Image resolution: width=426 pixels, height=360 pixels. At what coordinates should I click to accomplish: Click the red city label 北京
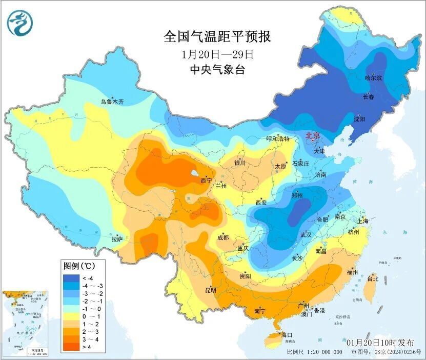[x=313, y=136]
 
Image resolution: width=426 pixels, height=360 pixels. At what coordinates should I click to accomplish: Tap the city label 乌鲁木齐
[x=112, y=102]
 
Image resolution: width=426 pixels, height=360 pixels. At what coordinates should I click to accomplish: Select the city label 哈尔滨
[x=373, y=78]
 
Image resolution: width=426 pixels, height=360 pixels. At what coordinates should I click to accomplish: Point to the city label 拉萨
[x=117, y=238]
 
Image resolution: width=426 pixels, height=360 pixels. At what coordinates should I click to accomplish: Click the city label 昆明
[x=211, y=290]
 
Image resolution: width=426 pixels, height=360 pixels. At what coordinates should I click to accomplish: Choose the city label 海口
[x=287, y=335]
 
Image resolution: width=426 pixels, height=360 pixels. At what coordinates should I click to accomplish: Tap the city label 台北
[x=373, y=279]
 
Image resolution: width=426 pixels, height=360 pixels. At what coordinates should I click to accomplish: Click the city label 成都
[x=223, y=237]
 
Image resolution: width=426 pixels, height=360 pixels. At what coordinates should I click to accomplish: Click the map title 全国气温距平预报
[x=217, y=36]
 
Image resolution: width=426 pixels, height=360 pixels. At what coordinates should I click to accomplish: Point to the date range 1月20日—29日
[x=217, y=54]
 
